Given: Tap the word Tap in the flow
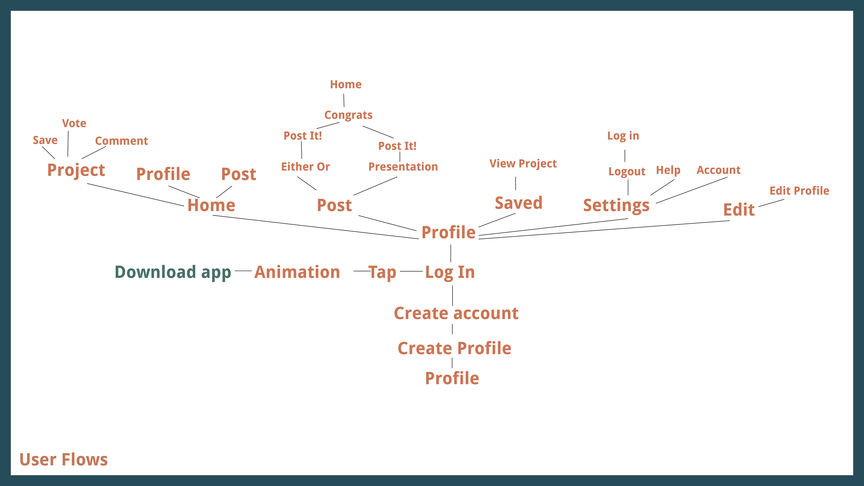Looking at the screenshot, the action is (382, 272).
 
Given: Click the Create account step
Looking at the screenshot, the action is (456, 313).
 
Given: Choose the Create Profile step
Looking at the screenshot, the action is (454, 348).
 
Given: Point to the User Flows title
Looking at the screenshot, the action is (64, 459).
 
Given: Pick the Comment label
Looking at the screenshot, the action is (121, 141).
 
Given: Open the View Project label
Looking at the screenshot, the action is (523, 164).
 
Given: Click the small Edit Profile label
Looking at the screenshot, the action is (799, 191).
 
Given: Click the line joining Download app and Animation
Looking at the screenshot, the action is (243, 270).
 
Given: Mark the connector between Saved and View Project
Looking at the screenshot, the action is (515, 183).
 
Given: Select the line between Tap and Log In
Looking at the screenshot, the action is (411, 271).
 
